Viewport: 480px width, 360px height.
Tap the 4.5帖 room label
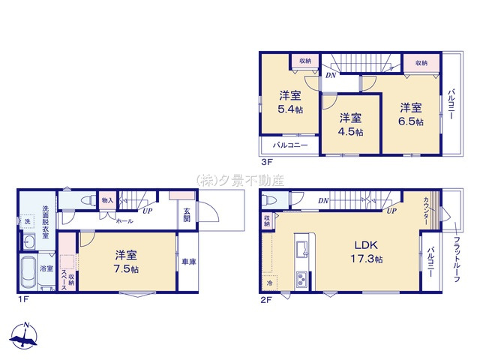point(349,124)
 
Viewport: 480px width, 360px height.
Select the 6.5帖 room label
point(409,113)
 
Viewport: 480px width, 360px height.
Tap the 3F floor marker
point(266,161)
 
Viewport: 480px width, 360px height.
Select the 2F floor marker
point(267,299)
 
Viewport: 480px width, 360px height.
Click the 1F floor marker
point(23,299)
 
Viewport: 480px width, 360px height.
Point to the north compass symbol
point(26,337)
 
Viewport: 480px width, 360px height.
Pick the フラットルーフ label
point(456,259)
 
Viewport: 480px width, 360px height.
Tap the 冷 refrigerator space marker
point(269,283)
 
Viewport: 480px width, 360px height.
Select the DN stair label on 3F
point(331,75)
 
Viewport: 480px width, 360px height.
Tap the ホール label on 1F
point(125,221)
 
